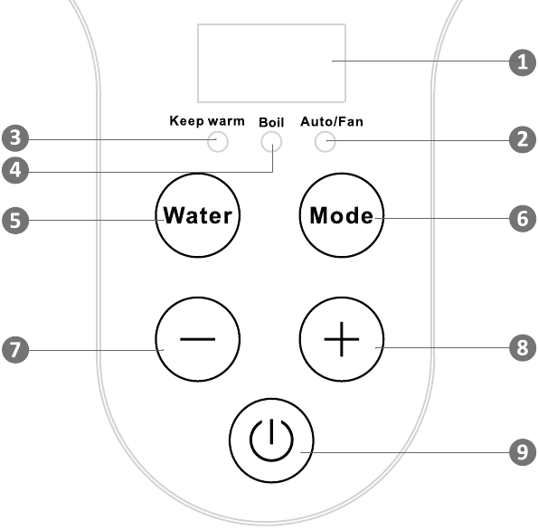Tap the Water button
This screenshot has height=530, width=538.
[198, 215]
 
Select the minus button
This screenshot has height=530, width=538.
[198, 339]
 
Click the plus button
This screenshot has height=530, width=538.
[342, 339]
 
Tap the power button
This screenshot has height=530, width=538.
[271, 440]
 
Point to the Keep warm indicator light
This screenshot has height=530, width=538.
[218, 142]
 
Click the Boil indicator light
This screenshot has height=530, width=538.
[271, 142]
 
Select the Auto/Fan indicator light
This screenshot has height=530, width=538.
[325, 142]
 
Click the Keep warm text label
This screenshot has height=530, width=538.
[207, 121]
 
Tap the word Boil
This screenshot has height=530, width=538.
[271, 122]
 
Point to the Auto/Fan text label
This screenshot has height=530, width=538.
[332, 121]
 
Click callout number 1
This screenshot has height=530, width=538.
[523, 62]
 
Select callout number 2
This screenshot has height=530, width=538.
[523, 139]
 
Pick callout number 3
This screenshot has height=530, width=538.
[15, 138]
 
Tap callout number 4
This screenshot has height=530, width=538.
[15, 170]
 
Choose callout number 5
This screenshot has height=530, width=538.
[15, 220]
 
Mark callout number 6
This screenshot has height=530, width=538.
[523, 218]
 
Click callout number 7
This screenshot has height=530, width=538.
[15, 350]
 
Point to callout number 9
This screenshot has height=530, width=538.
[523, 452]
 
